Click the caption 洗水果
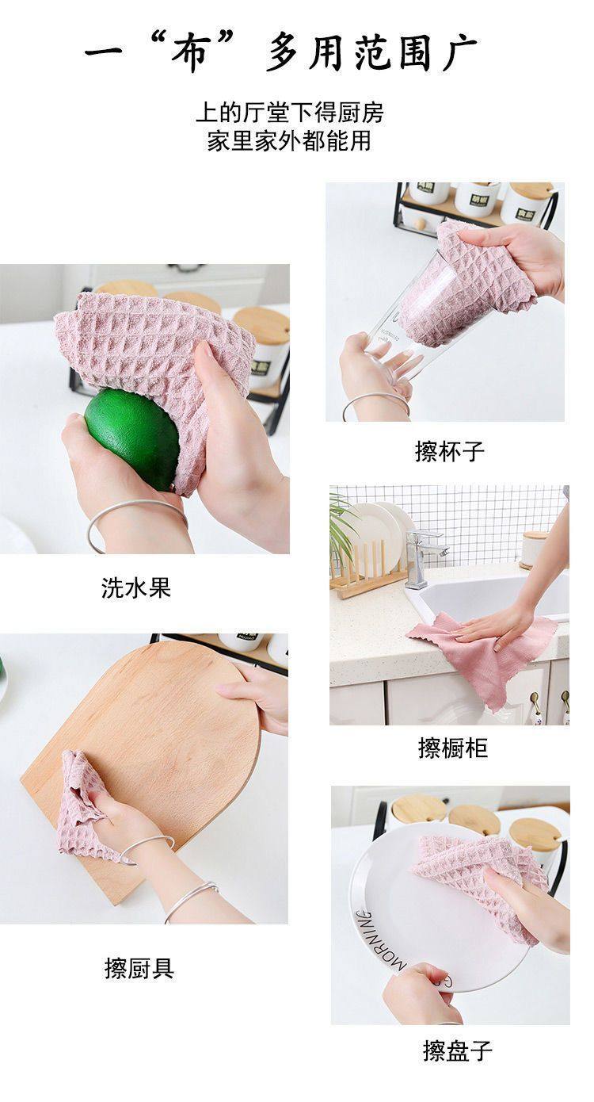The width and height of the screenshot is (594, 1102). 135,588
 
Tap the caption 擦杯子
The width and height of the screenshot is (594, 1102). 449,451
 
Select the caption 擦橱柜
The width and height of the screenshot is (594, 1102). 452,748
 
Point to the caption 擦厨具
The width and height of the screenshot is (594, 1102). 139,968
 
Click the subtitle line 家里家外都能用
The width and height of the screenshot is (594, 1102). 289,140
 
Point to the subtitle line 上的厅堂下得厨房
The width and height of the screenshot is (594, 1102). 289,113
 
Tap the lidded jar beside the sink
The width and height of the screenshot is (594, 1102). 534,549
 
